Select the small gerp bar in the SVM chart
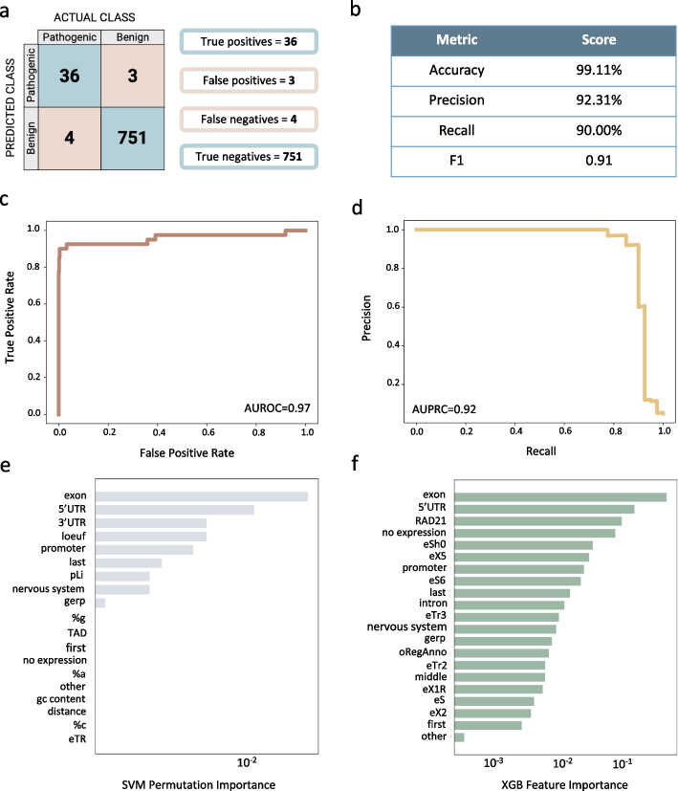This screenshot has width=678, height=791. point(100,603)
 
